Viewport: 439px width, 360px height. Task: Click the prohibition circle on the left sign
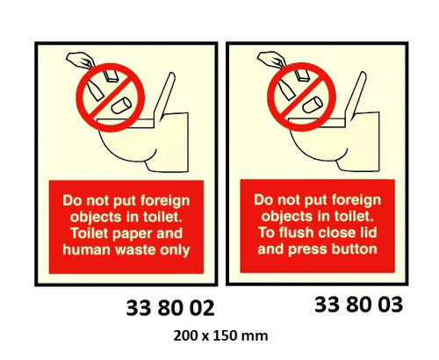[x=106, y=98]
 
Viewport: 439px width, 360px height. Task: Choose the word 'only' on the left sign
[x=176, y=249]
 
